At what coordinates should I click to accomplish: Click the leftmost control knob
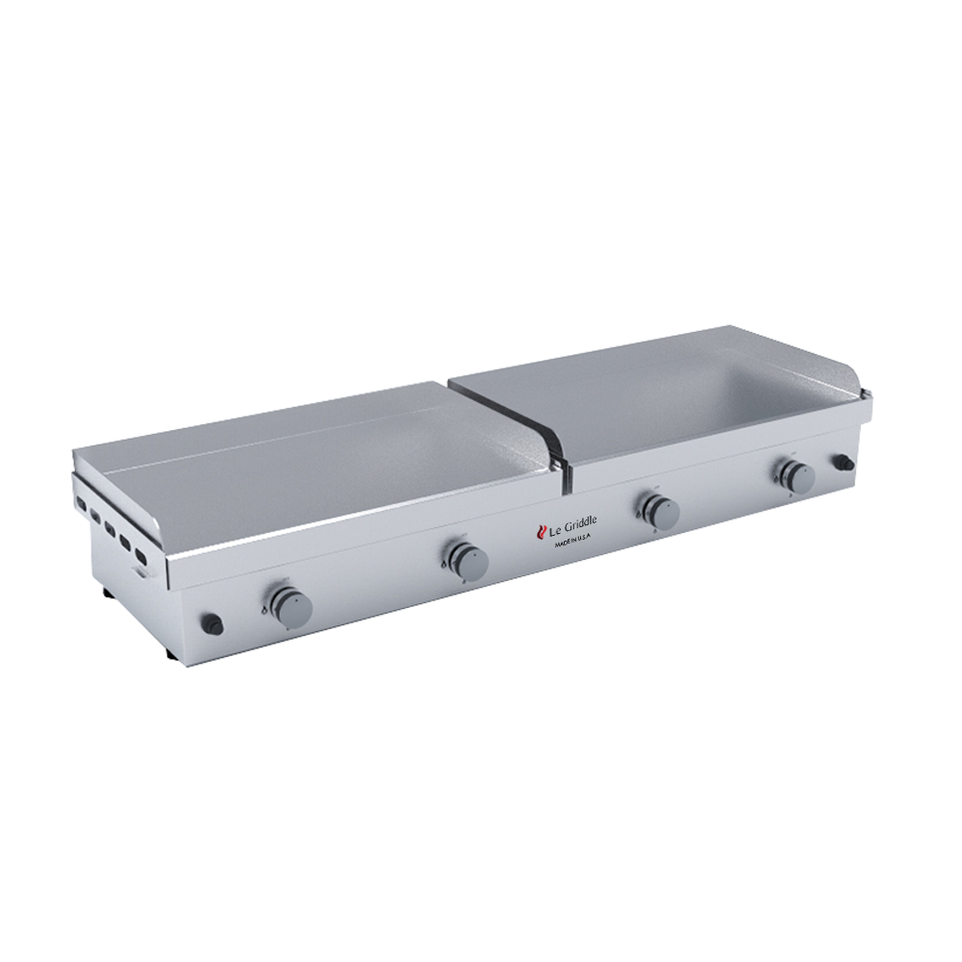[290, 604]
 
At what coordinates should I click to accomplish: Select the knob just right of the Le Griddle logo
[662, 512]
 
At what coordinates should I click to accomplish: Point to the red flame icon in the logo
[540, 528]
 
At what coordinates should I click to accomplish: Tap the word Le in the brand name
[554, 528]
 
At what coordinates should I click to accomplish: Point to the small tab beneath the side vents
[141, 575]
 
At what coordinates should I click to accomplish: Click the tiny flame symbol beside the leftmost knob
[266, 608]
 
